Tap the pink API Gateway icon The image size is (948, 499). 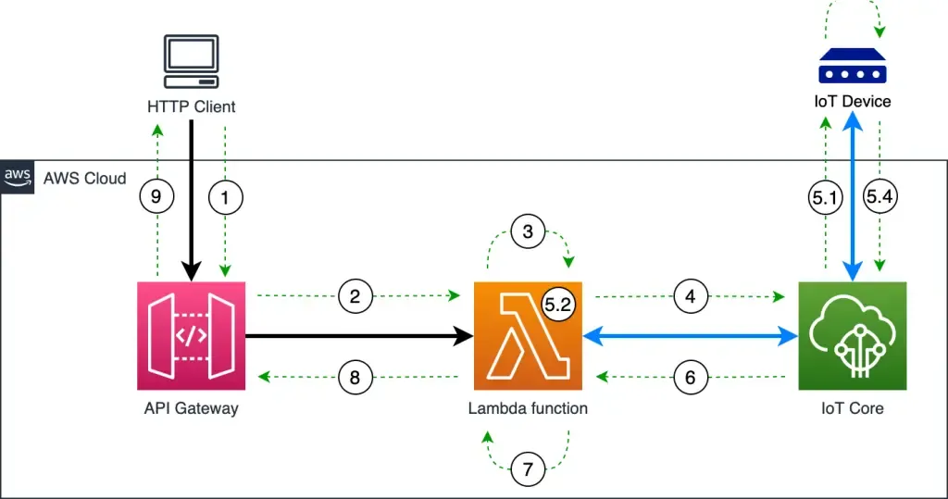(x=191, y=336)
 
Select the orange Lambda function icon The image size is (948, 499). (x=528, y=336)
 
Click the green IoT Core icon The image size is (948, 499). (x=852, y=336)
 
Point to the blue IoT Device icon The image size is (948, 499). (x=852, y=68)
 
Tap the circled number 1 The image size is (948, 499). (x=226, y=196)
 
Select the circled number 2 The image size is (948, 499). (x=355, y=297)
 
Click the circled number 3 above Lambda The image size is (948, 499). (x=528, y=231)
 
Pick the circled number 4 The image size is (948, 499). (x=689, y=297)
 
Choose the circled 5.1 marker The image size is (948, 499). (x=823, y=196)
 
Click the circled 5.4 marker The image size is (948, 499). (x=880, y=196)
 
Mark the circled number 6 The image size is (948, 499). (x=689, y=377)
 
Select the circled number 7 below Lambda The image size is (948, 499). (x=528, y=469)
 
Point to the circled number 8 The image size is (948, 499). (x=355, y=377)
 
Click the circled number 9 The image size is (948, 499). (x=156, y=196)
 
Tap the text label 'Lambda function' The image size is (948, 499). (x=528, y=408)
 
